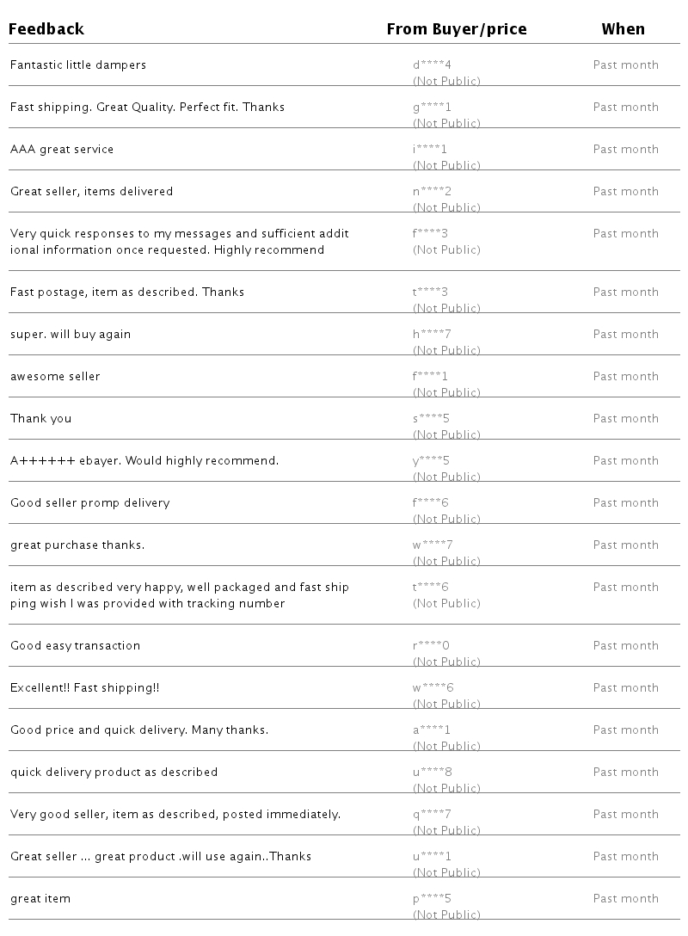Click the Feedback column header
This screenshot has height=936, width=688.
coord(46,29)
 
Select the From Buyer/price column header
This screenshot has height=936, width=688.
coord(456,29)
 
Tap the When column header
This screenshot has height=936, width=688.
coord(623,29)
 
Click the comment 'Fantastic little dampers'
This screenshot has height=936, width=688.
coord(78,65)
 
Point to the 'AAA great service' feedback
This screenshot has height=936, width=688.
coord(62,150)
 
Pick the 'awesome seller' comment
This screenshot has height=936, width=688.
coord(55,377)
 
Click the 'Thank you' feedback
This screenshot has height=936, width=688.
coord(40,419)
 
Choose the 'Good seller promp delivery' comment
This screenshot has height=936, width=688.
coord(89,503)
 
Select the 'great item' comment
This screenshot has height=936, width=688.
coord(40,899)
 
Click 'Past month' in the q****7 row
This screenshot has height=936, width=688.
coord(625,815)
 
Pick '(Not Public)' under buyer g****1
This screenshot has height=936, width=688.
coord(446,124)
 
